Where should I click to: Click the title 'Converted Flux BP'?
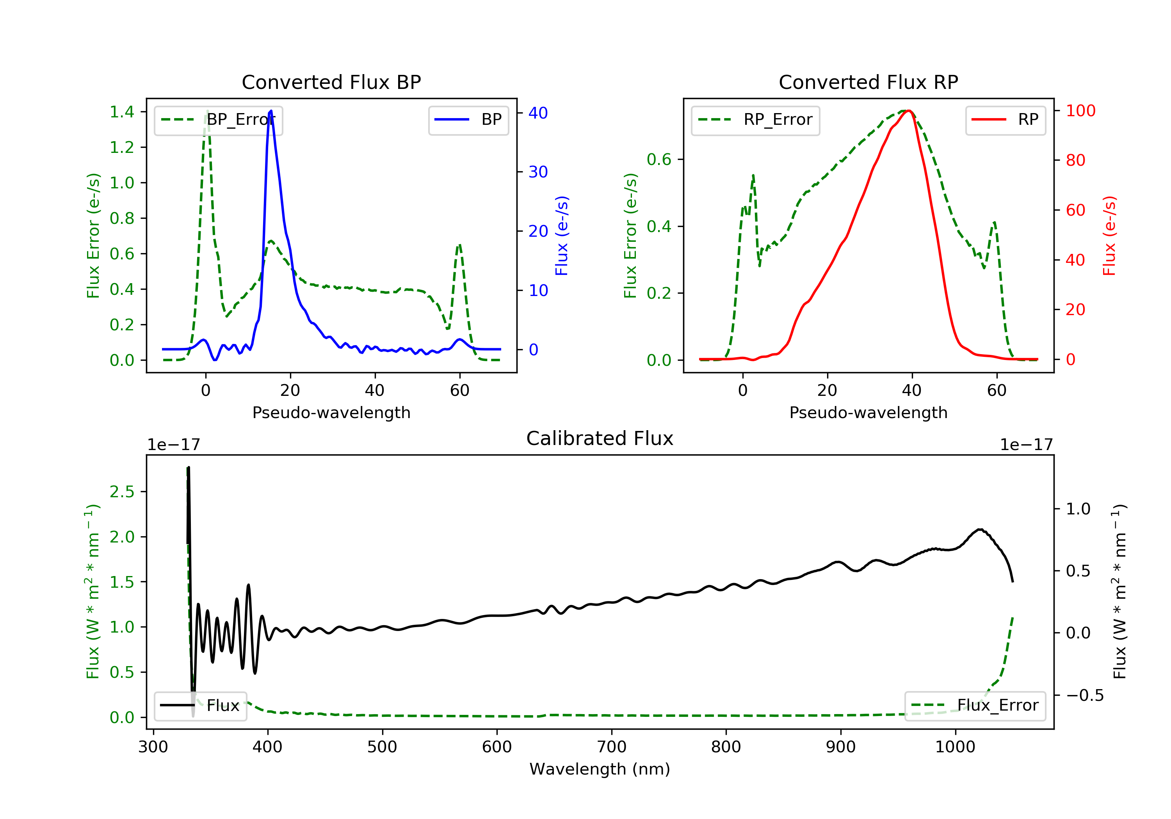[x=331, y=82]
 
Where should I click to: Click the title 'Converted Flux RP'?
[x=868, y=82]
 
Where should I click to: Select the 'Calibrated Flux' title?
[x=600, y=438]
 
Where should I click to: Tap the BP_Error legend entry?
[x=218, y=120]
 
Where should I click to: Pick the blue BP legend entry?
[x=468, y=120]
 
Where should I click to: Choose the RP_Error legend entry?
[x=755, y=120]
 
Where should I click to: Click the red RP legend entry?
[x=1005, y=120]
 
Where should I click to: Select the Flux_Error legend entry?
[x=975, y=706]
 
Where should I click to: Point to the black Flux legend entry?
[x=200, y=706]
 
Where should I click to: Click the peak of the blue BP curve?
[x=271, y=111]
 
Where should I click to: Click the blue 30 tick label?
[x=538, y=172]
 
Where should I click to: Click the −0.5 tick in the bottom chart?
[x=1085, y=695]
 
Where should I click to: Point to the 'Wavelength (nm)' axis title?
[x=600, y=769]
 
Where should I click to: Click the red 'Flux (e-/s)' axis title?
[x=1109, y=236]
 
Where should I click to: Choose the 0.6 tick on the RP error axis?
[x=659, y=160]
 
